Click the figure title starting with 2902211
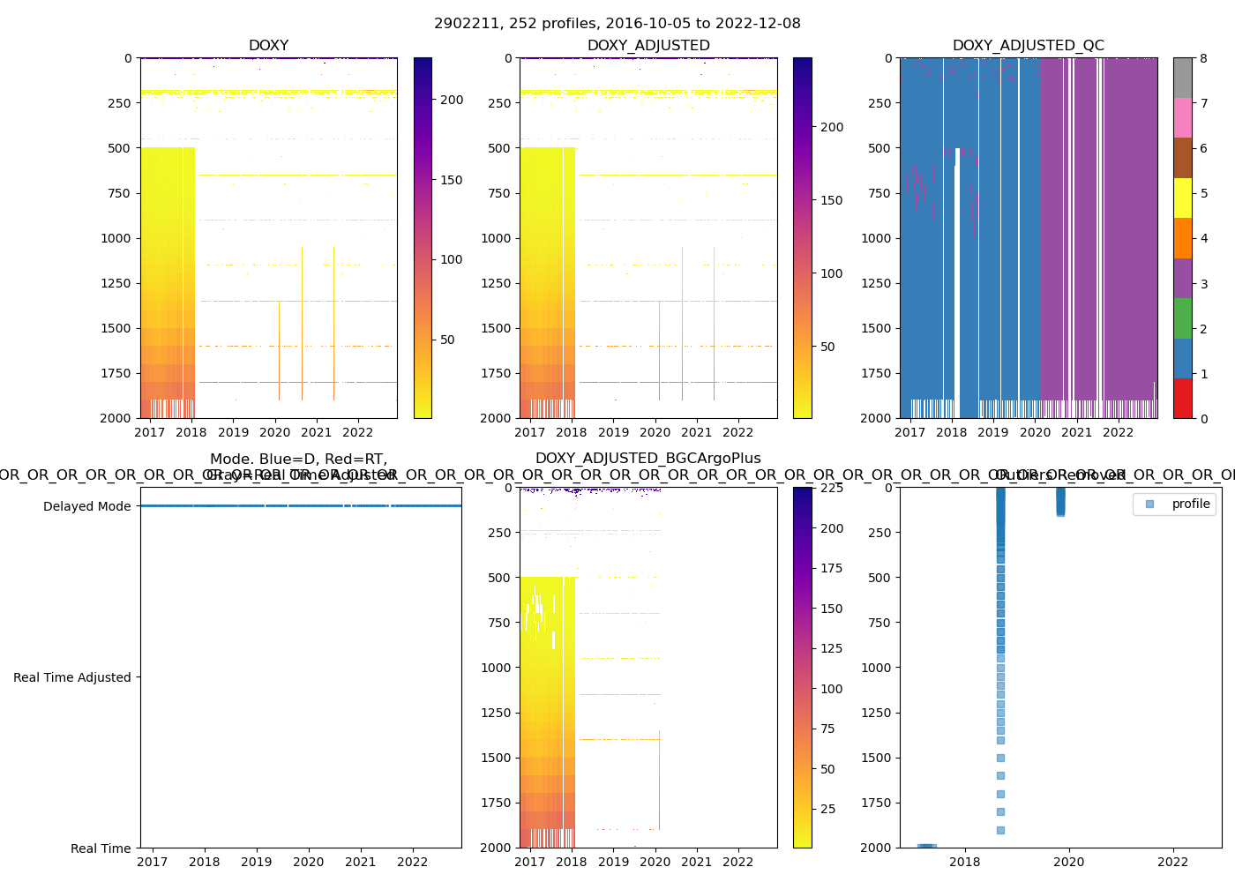617,24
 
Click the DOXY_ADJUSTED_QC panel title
1028,46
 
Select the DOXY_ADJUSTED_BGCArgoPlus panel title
647,459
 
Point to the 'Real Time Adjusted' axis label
71,677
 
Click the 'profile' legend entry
1190,504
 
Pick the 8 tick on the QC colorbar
1203,58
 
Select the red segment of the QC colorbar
1182,398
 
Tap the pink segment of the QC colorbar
1182,117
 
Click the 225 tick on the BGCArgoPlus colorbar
832,488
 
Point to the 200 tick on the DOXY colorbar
452,100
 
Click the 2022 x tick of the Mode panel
412,862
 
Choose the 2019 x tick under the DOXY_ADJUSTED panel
613,432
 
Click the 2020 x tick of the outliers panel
1069,862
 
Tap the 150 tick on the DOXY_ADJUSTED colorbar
831,200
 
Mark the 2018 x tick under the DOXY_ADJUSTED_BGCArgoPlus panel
572,862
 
